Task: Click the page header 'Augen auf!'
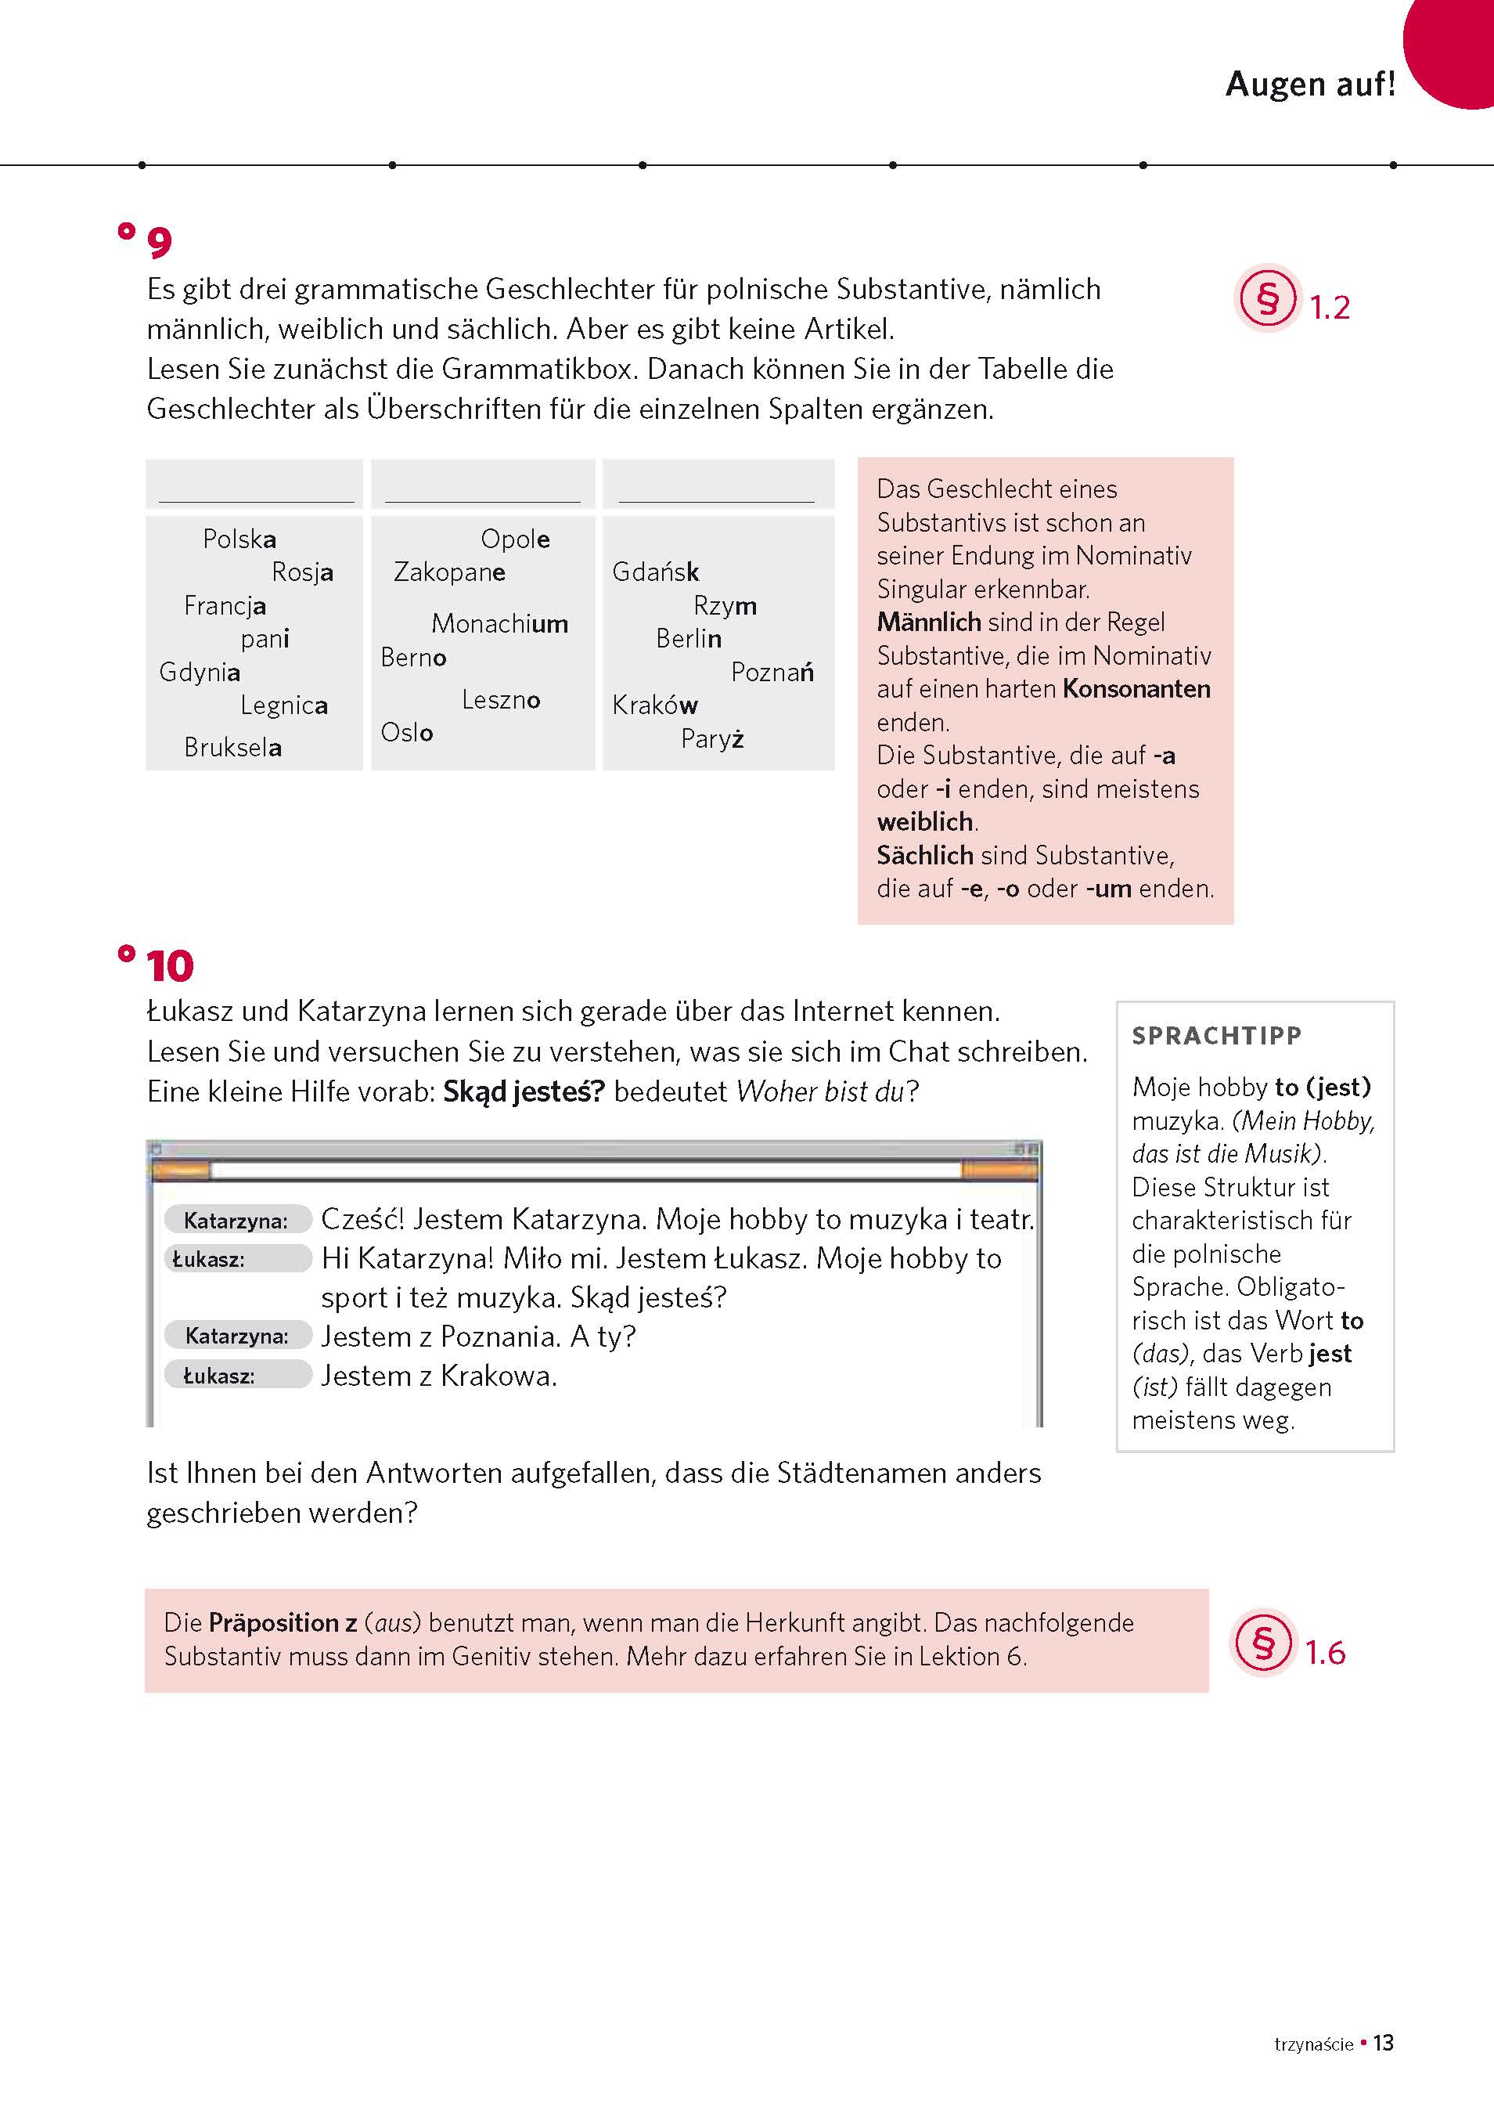click(1310, 84)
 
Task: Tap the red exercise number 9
click(159, 243)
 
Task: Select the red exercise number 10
click(169, 966)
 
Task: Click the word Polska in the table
click(239, 539)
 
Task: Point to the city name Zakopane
click(449, 572)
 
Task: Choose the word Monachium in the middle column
click(499, 623)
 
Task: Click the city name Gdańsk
click(655, 572)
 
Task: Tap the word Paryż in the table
click(711, 738)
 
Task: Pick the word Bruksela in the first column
click(232, 747)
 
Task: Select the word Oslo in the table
click(407, 732)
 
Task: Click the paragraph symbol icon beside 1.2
click(1266, 299)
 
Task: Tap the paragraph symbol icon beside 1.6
click(1262, 1643)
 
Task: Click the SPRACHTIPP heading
click(1216, 1036)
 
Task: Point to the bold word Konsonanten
click(1136, 689)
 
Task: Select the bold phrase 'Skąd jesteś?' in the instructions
click(523, 1091)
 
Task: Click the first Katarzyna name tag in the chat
click(236, 1220)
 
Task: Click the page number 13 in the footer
click(1383, 2043)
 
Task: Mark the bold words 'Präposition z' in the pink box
click(283, 1622)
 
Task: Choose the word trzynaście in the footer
click(1313, 2045)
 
